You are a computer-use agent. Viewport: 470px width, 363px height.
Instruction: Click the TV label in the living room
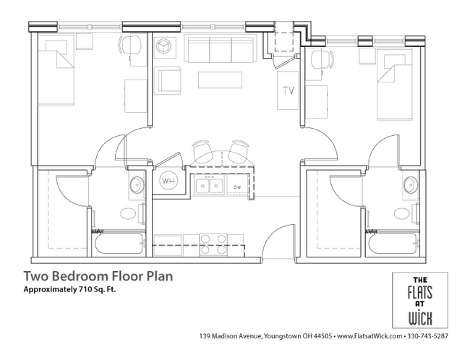(288, 90)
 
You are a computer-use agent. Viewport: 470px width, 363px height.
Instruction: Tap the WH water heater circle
(168, 181)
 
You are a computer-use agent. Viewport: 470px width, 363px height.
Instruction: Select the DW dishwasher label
(237, 187)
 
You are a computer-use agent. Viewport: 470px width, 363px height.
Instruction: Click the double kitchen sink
(209, 186)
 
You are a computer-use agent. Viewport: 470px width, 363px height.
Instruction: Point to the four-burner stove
(213, 244)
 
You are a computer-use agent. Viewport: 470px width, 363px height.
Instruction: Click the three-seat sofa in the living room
(221, 49)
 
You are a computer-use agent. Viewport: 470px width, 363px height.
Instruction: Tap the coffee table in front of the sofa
(220, 80)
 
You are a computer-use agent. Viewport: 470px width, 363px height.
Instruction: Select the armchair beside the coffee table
(168, 80)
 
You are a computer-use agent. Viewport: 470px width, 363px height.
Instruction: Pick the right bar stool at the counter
(239, 150)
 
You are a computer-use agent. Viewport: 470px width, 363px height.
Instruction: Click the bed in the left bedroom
(56, 69)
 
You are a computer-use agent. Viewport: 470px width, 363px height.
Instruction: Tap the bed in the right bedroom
(395, 84)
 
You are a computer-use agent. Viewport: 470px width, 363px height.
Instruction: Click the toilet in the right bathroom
(406, 213)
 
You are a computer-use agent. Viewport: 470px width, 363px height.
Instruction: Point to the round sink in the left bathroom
(137, 184)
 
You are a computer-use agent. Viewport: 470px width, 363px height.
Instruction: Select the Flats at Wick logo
(420, 300)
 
